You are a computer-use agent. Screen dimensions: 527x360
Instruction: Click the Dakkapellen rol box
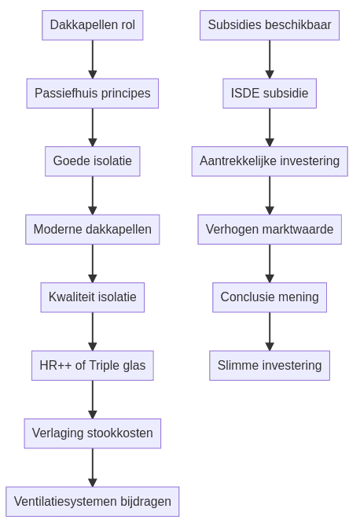pyautogui.click(x=92, y=25)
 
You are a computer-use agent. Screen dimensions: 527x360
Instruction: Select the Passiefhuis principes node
pyautogui.click(x=92, y=94)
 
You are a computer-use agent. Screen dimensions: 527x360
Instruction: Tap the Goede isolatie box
pyautogui.click(x=92, y=161)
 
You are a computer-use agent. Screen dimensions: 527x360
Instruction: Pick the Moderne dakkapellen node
pyautogui.click(x=92, y=230)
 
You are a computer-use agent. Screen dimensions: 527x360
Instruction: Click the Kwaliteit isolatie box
pyautogui.click(x=92, y=297)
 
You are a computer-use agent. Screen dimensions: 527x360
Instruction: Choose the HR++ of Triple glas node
pyautogui.click(x=92, y=366)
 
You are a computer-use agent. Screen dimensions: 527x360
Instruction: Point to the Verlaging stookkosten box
pyautogui.click(x=92, y=433)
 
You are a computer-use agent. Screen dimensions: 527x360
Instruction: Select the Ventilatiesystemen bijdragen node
pyautogui.click(x=92, y=501)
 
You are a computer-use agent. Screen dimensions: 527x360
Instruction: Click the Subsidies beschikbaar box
pyautogui.click(x=270, y=25)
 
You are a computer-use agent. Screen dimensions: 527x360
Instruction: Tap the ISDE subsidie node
pyautogui.click(x=270, y=94)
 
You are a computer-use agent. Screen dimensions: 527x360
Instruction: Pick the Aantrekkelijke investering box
pyautogui.click(x=270, y=161)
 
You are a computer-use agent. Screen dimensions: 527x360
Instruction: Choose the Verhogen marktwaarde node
pyautogui.click(x=270, y=230)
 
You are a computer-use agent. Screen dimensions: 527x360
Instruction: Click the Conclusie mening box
pyautogui.click(x=270, y=297)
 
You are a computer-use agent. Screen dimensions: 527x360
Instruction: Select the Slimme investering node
pyautogui.click(x=270, y=366)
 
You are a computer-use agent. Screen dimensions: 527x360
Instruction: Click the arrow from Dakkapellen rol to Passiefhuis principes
pyautogui.click(x=92, y=59)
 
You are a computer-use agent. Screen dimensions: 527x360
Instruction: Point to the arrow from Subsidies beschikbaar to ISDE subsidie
pyautogui.click(x=270, y=59)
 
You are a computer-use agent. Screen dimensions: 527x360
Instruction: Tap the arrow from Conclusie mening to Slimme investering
pyautogui.click(x=270, y=331)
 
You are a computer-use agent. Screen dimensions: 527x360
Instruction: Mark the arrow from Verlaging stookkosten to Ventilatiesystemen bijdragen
pyautogui.click(x=92, y=467)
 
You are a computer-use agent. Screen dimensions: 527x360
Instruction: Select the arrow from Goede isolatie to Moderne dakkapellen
pyautogui.click(x=92, y=195)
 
